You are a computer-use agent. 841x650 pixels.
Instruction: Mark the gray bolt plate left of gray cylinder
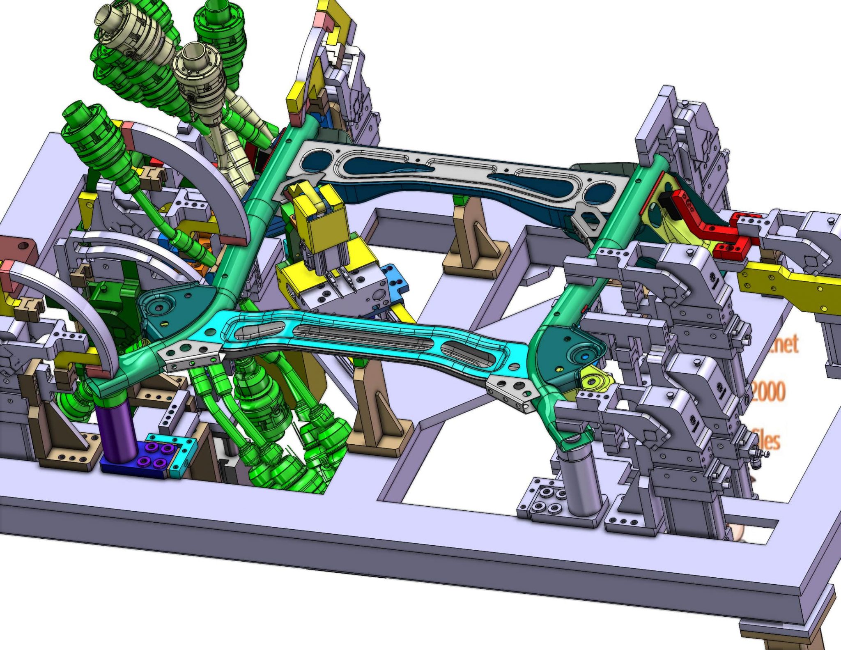coord(540,501)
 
